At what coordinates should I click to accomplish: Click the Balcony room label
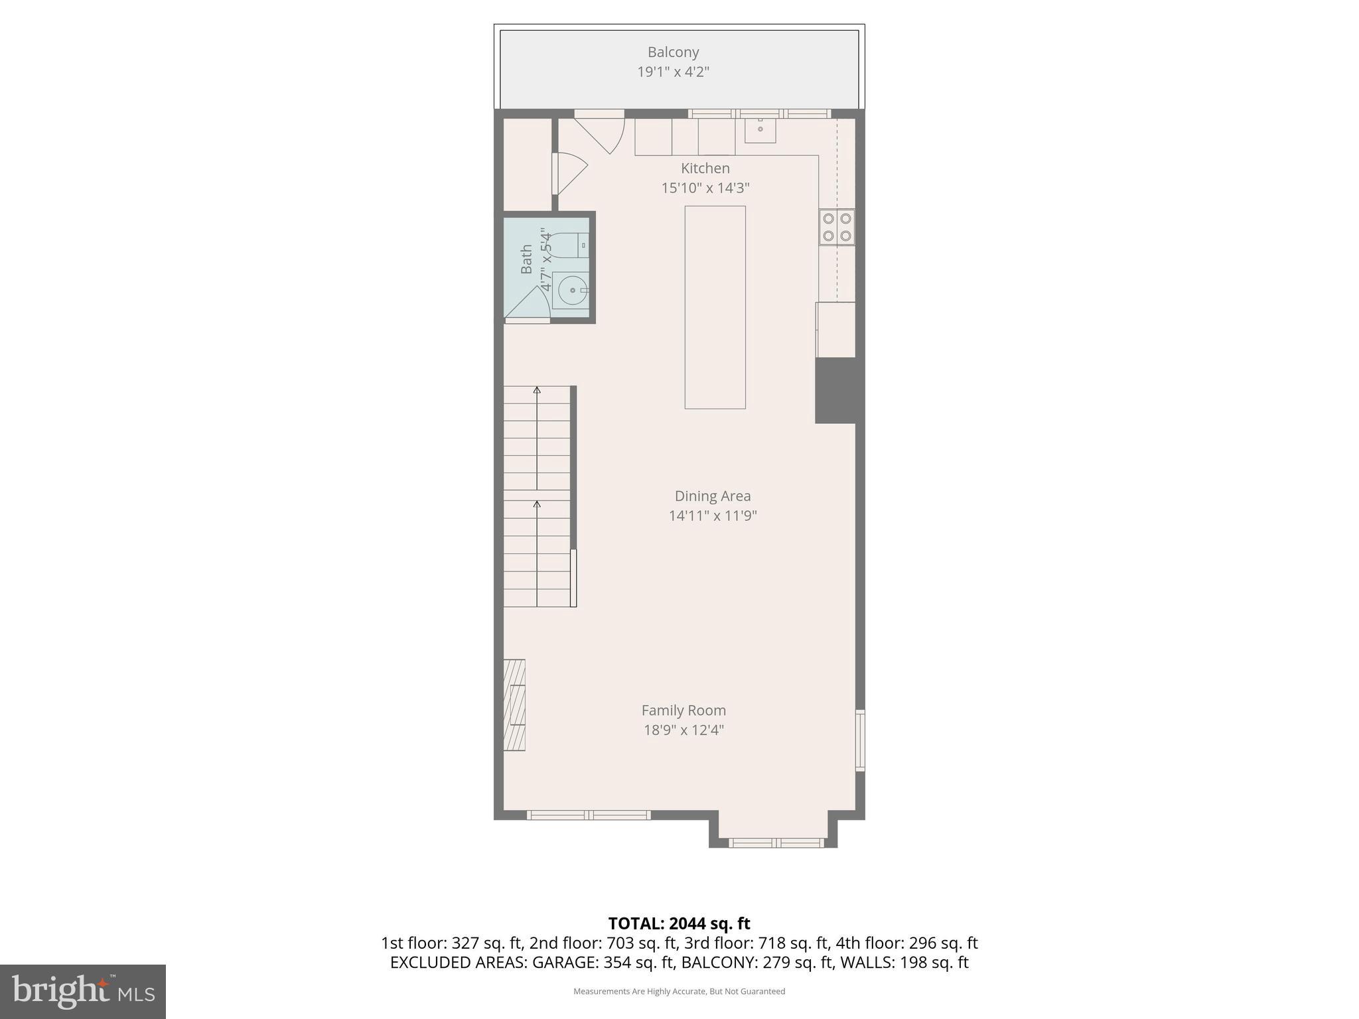point(673,52)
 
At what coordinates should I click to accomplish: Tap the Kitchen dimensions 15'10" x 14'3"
point(705,188)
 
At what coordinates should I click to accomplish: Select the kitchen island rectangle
point(715,307)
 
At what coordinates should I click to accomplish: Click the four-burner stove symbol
point(836,227)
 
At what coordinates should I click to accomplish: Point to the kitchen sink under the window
point(760,130)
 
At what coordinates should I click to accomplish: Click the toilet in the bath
point(571,245)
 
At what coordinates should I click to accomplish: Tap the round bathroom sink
point(571,291)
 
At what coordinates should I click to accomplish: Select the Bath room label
point(526,259)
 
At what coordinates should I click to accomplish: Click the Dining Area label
point(712,496)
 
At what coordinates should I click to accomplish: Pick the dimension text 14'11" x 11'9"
point(712,515)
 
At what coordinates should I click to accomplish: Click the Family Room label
point(683,710)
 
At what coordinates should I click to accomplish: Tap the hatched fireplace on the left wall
point(514,705)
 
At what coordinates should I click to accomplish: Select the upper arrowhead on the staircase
point(537,390)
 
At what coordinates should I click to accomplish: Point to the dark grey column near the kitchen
point(835,390)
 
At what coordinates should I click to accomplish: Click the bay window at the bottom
point(776,843)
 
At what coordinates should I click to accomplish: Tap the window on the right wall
point(860,740)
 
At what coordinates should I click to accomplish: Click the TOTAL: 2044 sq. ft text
point(679,923)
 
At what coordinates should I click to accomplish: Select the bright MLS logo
point(83,991)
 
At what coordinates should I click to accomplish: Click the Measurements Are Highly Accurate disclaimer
point(679,991)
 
